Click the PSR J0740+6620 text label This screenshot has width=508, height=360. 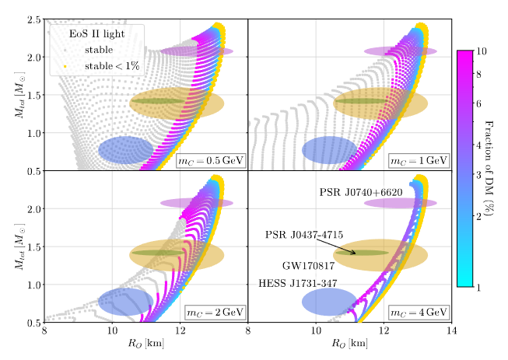tap(360, 191)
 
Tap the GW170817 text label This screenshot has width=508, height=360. tap(310, 265)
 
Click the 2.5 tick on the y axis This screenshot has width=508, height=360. tap(33, 19)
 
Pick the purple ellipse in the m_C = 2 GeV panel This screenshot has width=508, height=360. tap(197, 203)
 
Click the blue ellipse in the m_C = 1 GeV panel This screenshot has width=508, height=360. tap(328, 149)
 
